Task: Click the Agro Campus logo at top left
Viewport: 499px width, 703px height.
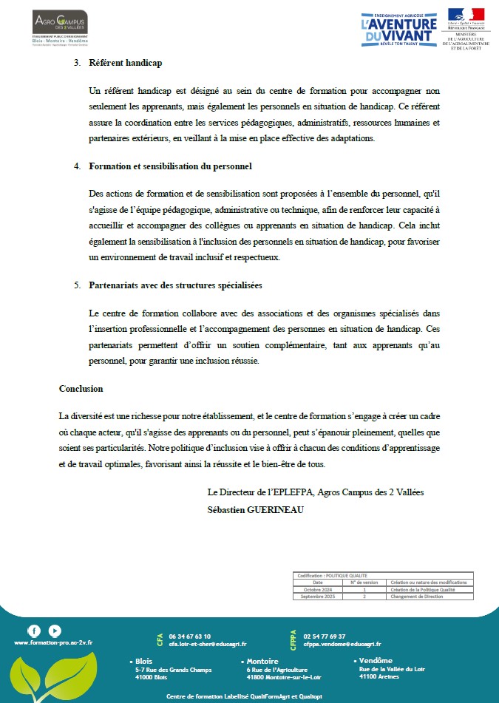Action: coord(60,27)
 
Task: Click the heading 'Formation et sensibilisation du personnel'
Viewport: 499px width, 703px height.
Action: coord(170,166)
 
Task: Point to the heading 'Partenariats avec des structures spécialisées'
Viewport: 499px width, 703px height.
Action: coord(175,285)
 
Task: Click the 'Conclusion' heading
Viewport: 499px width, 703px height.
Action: coord(81,389)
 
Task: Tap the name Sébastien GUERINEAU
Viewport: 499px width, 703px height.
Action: coord(257,510)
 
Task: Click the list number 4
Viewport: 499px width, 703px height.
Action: coord(77,166)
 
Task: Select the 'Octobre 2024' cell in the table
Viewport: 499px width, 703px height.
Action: coord(318,590)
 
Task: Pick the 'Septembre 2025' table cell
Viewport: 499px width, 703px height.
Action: coord(318,597)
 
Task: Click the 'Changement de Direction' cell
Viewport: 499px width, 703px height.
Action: coord(417,597)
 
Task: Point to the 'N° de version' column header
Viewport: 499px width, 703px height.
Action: coord(364,583)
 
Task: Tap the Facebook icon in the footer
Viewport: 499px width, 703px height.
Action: coord(34,631)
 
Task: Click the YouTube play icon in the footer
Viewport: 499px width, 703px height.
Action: coord(55,631)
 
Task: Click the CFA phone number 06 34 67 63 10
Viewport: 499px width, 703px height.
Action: coord(190,636)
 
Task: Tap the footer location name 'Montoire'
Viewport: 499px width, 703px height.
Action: coord(262,661)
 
